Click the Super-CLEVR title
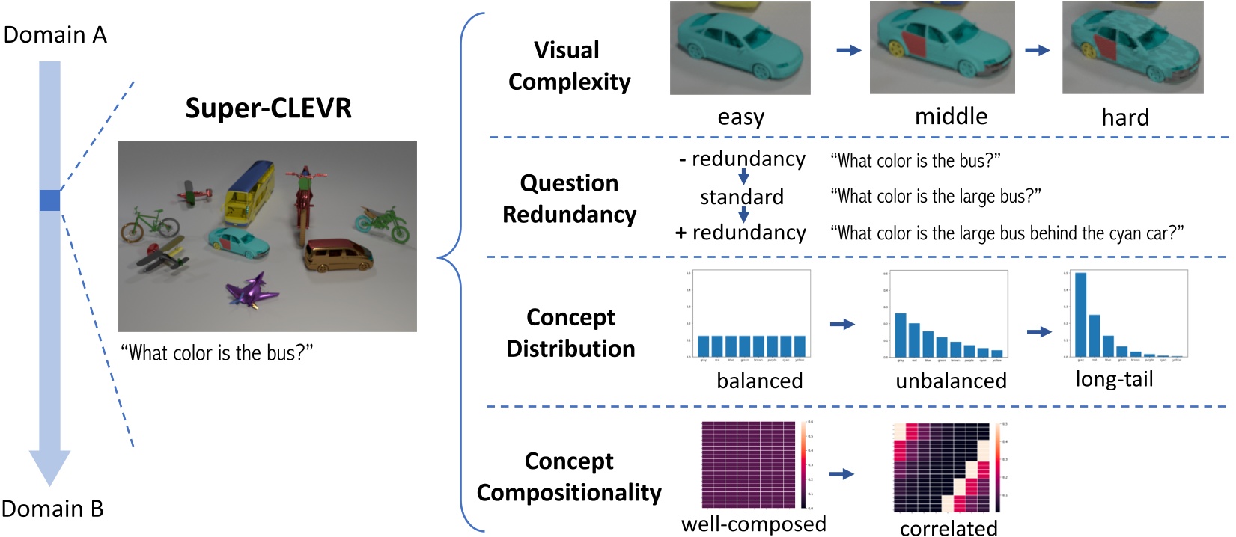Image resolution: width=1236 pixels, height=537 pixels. click(x=268, y=108)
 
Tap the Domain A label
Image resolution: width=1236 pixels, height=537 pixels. click(x=55, y=35)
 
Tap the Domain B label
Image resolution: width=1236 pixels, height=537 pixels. click(x=52, y=509)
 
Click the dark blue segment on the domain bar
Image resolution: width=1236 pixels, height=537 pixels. click(x=49, y=200)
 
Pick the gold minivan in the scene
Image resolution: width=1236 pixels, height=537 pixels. click(x=338, y=256)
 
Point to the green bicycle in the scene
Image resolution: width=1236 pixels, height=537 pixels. click(x=149, y=221)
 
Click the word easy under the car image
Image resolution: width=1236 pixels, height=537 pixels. click(x=740, y=117)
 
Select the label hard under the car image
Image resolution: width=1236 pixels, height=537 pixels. click(x=1124, y=117)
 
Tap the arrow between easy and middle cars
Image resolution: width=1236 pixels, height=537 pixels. click(x=848, y=50)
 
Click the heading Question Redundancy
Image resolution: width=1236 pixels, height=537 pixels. click(x=569, y=199)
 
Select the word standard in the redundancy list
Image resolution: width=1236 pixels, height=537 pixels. click(x=741, y=197)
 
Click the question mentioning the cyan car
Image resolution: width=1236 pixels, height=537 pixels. click(x=1007, y=233)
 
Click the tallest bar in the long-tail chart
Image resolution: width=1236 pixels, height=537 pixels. click(x=1080, y=314)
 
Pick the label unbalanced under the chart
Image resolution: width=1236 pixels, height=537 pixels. click(x=951, y=381)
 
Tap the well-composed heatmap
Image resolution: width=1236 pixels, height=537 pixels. click(x=748, y=464)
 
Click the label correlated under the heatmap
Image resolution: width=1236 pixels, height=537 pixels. click(x=948, y=528)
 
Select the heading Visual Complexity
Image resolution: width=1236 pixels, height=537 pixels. click(x=568, y=66)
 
